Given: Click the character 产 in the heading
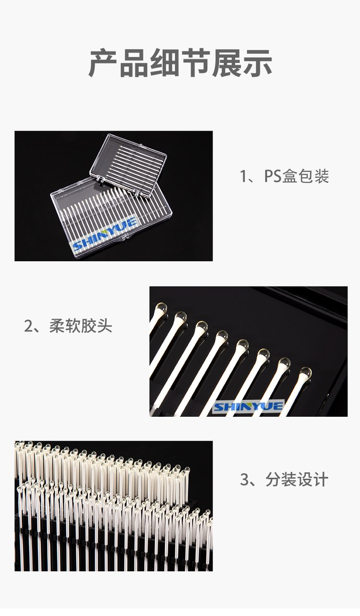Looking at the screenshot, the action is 103,63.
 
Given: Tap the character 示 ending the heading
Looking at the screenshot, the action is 258,63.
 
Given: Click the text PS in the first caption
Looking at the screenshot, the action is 273,176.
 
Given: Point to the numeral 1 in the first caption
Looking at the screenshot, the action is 243,176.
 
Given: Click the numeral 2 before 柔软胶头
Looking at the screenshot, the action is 28,326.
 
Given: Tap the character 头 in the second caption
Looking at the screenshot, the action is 105,326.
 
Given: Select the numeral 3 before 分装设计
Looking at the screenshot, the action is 244,479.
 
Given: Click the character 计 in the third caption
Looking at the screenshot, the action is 320,479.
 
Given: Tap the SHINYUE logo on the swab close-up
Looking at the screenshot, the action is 248,407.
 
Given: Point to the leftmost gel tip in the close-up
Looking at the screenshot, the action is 161,309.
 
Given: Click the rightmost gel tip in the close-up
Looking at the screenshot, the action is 306,373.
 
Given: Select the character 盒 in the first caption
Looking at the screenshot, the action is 290,176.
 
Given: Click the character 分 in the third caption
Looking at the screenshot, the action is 273,479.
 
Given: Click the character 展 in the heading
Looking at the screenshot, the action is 227,63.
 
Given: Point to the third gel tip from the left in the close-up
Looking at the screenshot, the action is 202,327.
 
